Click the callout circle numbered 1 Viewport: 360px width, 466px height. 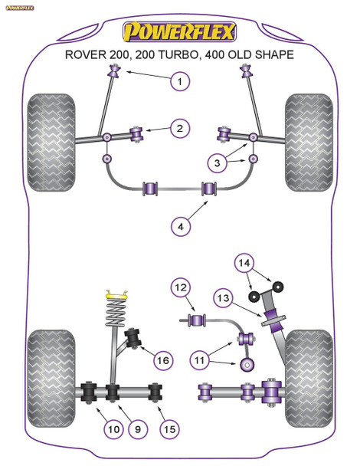click(180, 81)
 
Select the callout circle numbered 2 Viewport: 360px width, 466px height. click(180, 129)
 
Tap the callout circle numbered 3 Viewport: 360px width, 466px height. click(218, 162)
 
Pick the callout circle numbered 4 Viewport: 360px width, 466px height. click(180, 226)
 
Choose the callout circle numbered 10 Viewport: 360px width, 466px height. click(113, 431)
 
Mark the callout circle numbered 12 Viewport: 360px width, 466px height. click(180, 288)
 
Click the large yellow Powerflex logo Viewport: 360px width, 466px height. click(180, 31)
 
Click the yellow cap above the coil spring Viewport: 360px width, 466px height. click(114, 294)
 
